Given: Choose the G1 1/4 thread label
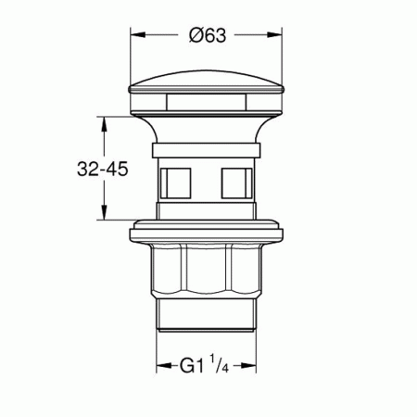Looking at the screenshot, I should click(x=204, y=367).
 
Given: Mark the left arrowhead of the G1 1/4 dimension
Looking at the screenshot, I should click(x=158, y=367).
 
